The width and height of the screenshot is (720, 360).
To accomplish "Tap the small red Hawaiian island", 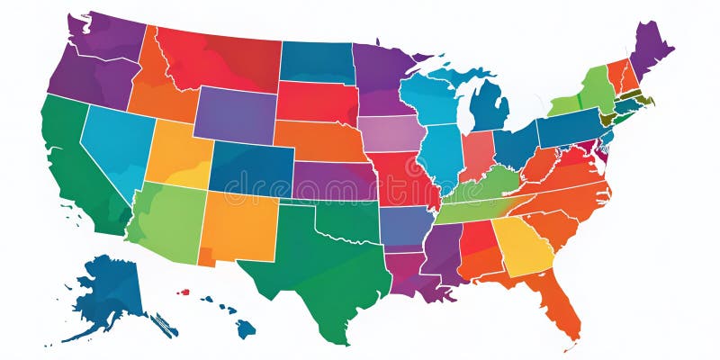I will [x=184, y=292].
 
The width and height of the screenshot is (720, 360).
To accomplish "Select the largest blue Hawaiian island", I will [x=246, y=329].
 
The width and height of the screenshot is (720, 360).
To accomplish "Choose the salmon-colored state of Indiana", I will [x=477, y=153].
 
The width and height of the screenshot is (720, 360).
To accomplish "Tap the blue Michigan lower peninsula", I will [x=490, y=106].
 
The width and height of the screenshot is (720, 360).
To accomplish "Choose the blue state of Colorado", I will [x=252, y=166].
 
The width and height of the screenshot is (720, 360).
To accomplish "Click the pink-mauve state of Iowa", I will [x=391, y=133].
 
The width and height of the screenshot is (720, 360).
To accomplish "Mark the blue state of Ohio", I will [x=516, y=144].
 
